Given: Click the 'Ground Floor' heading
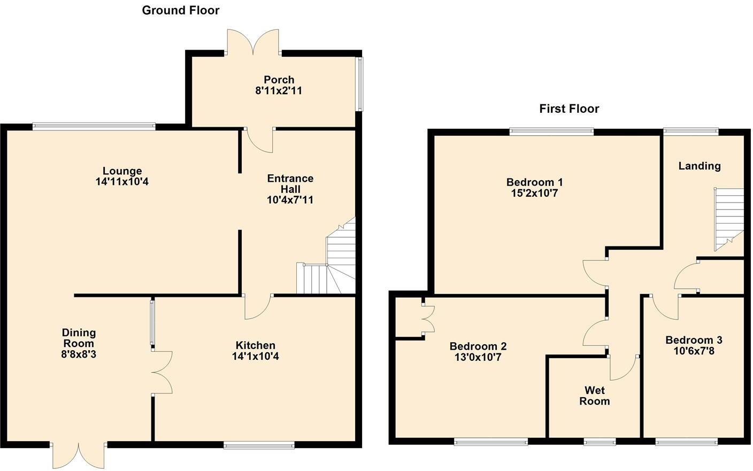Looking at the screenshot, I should click(180, 10).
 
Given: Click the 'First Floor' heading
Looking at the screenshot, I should click(569, 109).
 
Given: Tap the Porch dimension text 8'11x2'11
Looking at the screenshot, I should click(279, 91).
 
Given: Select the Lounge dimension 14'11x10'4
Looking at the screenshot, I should click(122, 182).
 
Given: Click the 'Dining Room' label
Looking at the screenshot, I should click(79, 338).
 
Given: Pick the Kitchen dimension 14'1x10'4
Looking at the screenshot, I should click(255, 356).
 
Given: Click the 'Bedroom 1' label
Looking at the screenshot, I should click(534, 182).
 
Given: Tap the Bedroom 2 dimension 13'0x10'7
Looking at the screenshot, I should click(478, 357).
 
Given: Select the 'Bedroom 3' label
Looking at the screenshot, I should click(694, 340).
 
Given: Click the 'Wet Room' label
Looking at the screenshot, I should click(594, 396).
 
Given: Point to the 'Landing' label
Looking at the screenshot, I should click(700, 166).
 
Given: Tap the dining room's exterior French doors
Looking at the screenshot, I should click(79, 454).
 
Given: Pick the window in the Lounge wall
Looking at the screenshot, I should click(94, 127).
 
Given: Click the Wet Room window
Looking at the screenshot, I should click(599, 442).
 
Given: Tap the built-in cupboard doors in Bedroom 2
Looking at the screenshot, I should click(427, 320).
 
